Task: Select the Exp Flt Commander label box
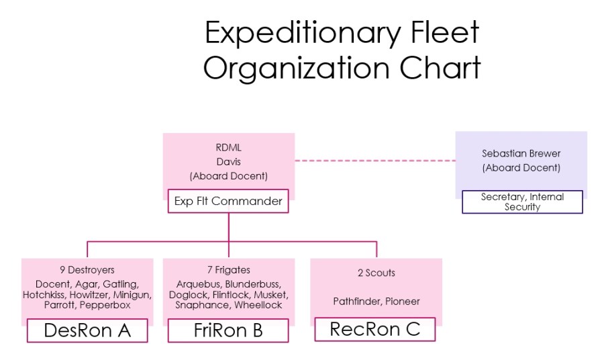pyautogui.click(x=228, y=201)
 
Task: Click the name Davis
pyautogui.click(x=228, y=162)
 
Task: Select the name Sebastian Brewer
pyautogui.click(x=521, y=154)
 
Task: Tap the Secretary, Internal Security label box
pyautogui.click(x=522, y=202)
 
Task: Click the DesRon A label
pyautogui.click(x=87, y=330)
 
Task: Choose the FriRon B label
pyautogui.click(x=228, y=330)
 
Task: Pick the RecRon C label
pyautogui.click(x=375, y=329)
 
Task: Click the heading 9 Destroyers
pyautogui.click(x=87, y=271)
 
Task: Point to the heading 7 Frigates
pyautogui.click(x=228, y=271)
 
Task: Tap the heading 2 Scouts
pyautogui.click(x=376, y=273)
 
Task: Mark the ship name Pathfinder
pyautogui.click(x=358, y=302)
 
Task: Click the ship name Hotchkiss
pyautogui.click(x=44, y=294)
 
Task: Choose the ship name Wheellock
pyautogui.click(x=258, y=305)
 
